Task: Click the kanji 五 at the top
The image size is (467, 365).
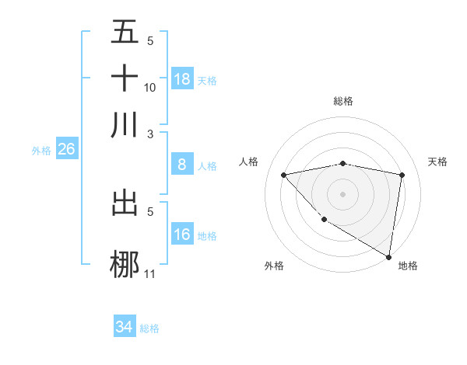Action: [x=125, y=33]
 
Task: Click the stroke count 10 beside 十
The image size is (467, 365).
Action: [x=150, y=87]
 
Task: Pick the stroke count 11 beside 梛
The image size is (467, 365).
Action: [x=150, y=273]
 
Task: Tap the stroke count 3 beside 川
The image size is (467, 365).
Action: [x=150, y=133]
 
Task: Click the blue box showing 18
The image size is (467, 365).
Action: [x=182, y=79]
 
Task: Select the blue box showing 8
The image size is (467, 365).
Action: [x=182, y=164]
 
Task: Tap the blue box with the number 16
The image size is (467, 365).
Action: [x=182, y=235]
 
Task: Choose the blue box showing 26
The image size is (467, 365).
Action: [x=66, y=149]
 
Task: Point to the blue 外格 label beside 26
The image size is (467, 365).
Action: [x=41, y=151]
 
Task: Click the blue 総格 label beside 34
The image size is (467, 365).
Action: [x=150, y=329]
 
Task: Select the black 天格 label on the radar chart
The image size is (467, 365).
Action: [x=437, y=162]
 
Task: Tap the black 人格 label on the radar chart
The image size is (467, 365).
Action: [x=249, y=162]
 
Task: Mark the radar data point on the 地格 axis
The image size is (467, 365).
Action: [x=388, y=257]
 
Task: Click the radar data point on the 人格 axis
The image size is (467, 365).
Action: [x=283, y=175]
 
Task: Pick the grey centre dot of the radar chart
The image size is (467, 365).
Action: [x=342, y=193]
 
